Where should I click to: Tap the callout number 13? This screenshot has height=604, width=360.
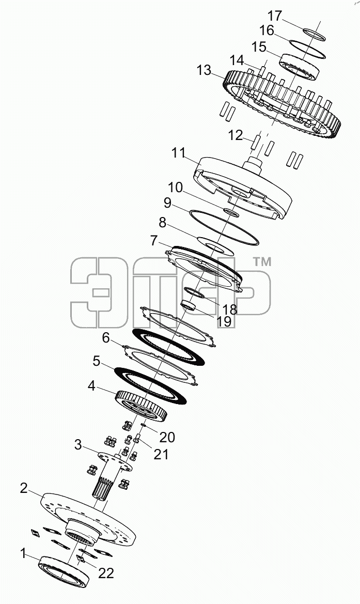coord(204,70)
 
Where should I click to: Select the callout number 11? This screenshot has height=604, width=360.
coord(178,153)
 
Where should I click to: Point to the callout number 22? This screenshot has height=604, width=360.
coord(106,573)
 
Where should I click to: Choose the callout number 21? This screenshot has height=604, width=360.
coord(161,455)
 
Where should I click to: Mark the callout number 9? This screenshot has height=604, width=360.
coord(167,202)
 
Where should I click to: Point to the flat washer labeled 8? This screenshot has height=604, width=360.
coord(215,246)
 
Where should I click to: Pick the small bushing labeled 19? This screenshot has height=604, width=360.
coord(189,305)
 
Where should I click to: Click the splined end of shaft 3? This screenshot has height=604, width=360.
coord(102,488)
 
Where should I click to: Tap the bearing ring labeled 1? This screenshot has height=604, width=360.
coord(64,573)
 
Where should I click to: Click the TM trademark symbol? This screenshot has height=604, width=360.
coord(262,262)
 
